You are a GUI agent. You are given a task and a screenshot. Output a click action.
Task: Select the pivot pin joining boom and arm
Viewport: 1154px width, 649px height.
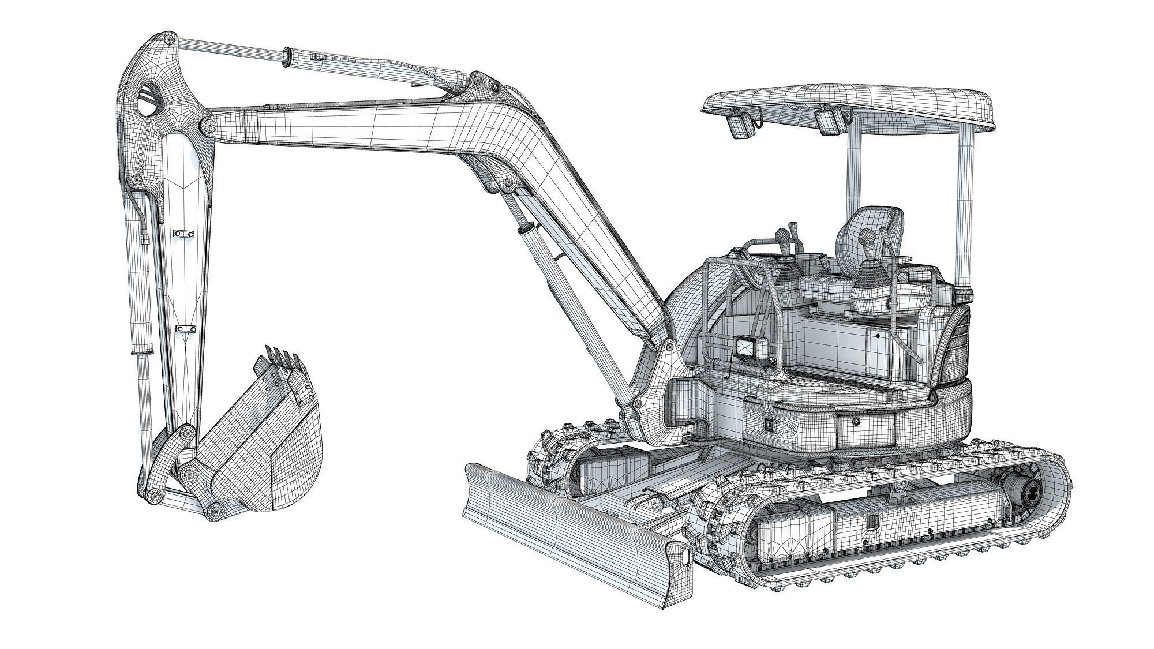pyautogui.click(x=207, y=125)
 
